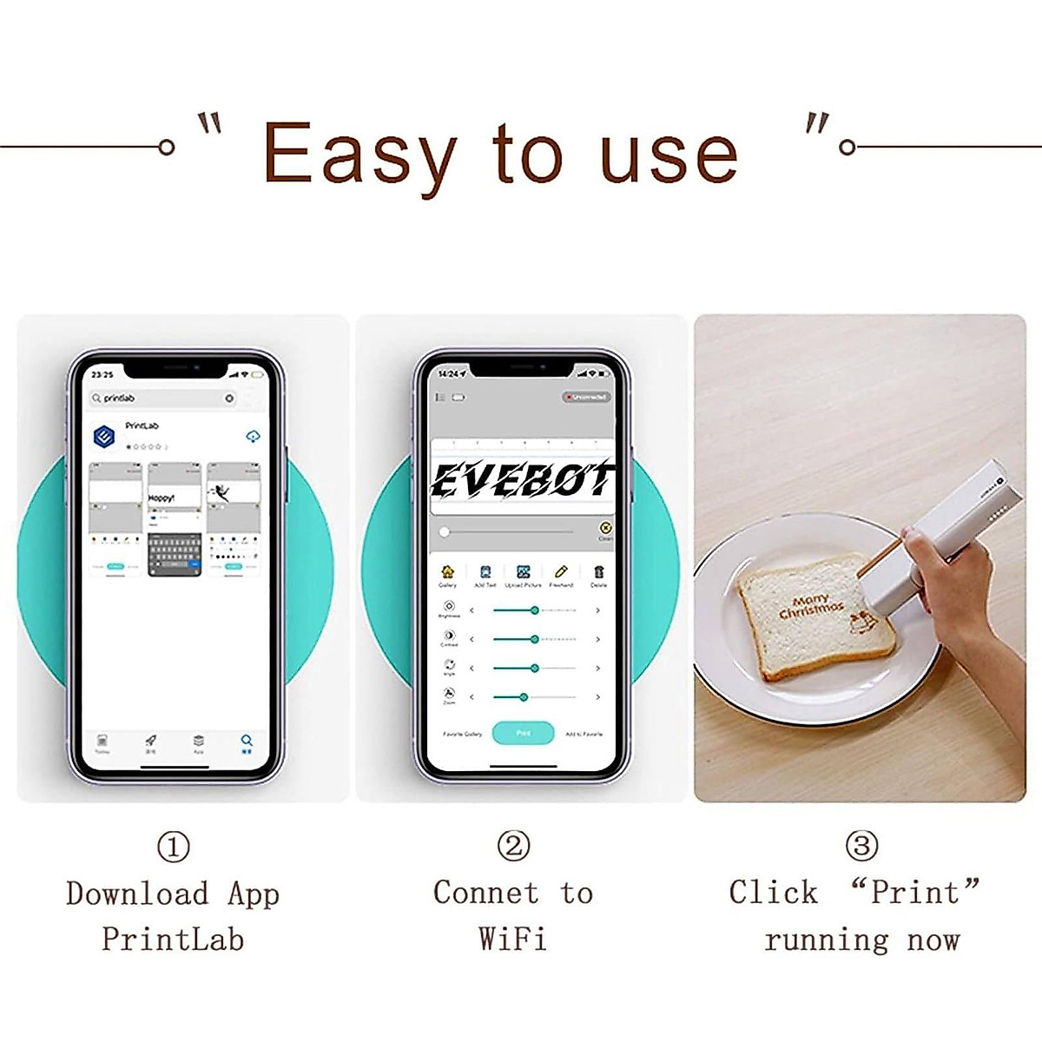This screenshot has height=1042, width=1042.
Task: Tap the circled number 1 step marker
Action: (x=173, y=847)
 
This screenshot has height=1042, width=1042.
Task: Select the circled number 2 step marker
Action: (x=513, y=846)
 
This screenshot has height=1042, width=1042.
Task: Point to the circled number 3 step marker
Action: (x=861, y=846)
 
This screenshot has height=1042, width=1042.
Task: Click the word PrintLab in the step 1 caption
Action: (x=173, y=940)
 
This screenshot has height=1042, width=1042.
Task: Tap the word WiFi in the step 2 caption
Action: (x=512, y=940)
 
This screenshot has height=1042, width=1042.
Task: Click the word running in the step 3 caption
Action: (x=827, y=940)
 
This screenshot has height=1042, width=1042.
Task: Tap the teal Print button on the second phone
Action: (x=523, y=733)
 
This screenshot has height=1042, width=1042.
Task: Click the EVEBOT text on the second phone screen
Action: (x=521, y=480)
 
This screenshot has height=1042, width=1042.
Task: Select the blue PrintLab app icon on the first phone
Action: (x=105, y=436)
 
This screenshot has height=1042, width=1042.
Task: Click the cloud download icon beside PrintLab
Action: (x=253, y=436)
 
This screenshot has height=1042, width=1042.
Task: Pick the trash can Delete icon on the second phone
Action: (x=599, y=572)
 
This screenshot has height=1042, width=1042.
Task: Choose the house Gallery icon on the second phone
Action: (x=447, y=572)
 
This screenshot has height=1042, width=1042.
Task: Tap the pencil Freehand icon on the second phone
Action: (x=561, y=572)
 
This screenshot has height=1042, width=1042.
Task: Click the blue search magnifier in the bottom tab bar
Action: (x=247, y=742)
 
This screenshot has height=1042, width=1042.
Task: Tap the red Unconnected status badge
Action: (x=587, y=397)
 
